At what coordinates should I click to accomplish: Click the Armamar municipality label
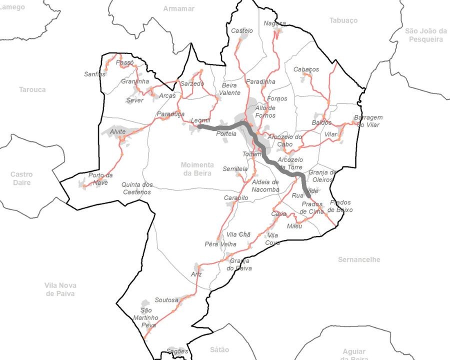(x=178, y=8)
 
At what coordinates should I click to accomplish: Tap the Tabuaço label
(x=343, y=20)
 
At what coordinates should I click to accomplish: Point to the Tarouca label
(x=32, y=89)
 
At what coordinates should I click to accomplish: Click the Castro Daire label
(x=21, y=178)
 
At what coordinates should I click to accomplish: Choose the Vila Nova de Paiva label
(x=60, y=289)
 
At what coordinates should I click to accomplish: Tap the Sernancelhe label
(x=359, y=259)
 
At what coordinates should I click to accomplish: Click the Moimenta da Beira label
(x=196, y=169)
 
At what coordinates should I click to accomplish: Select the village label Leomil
(x=201, y=121)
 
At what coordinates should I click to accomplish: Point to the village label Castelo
(x=242, y=30)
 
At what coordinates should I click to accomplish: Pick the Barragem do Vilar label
(x=368, y=121)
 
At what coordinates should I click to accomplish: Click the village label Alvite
(x=118, y=131)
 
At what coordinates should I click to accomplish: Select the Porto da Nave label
(x=100, y=178)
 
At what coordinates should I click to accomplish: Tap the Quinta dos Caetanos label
(x=137, y=188)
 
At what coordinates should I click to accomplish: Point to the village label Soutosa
(x=166, y=300)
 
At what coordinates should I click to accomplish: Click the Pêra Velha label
(x=217, y=244)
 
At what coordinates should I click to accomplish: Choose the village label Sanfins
(x=95, y=74)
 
